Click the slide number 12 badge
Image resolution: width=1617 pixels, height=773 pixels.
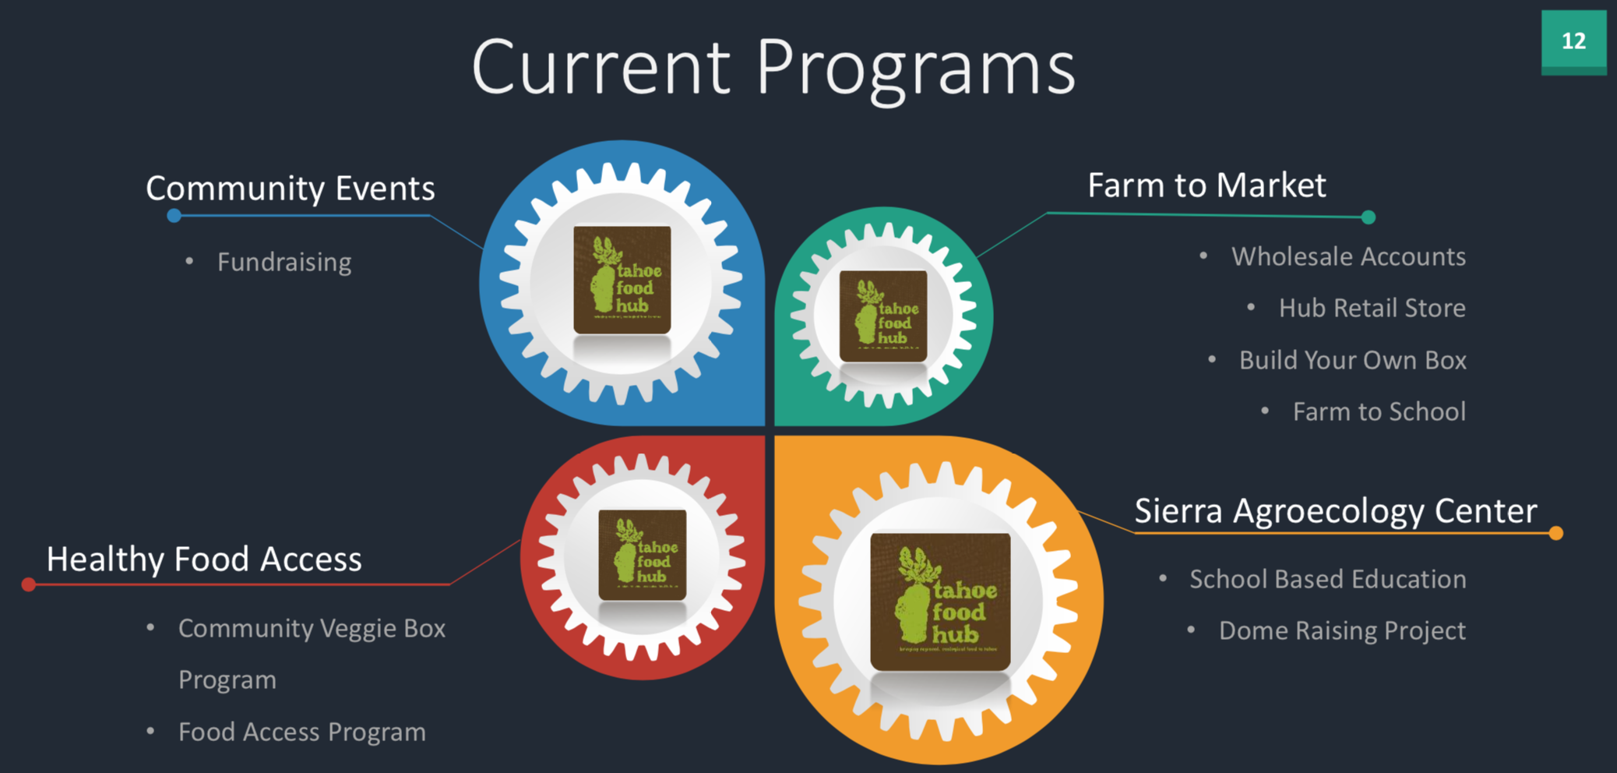(1573, 41)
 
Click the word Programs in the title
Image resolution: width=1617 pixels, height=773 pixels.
(916, 69)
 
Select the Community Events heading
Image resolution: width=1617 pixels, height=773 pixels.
(290, 189)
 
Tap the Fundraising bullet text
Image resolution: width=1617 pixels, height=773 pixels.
(284, 262)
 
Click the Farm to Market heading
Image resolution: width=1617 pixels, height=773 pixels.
(1207, 185)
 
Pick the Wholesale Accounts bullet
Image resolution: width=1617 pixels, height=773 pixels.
(1348, 256)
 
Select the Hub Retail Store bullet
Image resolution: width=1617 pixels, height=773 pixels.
(1372, 308)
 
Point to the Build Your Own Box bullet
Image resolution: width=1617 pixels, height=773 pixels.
(1352, 360)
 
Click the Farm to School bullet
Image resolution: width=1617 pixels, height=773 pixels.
(1379, 411)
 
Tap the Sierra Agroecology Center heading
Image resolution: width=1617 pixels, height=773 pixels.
(1335, 511)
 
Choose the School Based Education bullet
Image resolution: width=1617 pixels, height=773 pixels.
(1327, 579)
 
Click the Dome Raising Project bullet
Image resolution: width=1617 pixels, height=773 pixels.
(1342, 630)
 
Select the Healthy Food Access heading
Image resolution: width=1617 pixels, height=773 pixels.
(204, 559)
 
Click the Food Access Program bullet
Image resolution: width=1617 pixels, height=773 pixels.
(301, 732)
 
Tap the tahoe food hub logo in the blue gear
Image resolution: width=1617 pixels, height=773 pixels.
(622, 280)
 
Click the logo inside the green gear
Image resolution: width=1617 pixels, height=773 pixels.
(883, 316)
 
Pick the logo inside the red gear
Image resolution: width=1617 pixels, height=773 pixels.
(643, 555)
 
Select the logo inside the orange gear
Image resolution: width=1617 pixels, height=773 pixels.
(940, 601)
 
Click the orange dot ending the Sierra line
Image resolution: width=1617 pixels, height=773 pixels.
(1555, 534)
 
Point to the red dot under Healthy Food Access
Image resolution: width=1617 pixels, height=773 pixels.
(29, 584)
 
